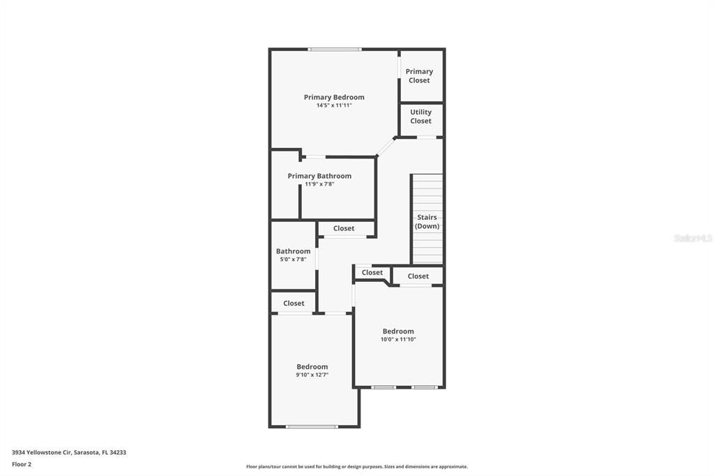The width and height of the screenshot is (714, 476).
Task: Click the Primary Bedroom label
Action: [334, 97]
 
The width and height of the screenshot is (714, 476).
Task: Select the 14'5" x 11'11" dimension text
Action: [334, 105]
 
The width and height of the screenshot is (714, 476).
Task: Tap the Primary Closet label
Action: [419, 75]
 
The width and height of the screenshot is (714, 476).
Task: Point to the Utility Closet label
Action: [420, 116]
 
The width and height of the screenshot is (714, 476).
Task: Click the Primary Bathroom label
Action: [319, 176]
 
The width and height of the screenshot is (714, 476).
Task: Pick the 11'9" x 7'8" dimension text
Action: [319, 184]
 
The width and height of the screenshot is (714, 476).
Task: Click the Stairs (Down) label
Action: [427, 221]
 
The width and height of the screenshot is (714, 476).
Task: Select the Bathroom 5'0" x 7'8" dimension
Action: [293, 260]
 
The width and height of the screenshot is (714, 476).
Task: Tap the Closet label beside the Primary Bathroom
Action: [344, 228]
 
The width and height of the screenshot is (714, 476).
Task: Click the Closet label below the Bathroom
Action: [294, 303]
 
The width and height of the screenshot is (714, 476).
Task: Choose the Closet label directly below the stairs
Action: [418, 276]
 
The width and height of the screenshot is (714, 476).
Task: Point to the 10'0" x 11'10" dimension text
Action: [398, 340]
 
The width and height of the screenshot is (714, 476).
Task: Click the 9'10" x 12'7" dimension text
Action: [312, 375]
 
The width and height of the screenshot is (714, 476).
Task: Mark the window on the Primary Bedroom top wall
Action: [335, 49]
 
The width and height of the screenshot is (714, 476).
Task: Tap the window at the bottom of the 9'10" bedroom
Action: [312, 426]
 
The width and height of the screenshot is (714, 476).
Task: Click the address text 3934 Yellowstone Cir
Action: [69, 452]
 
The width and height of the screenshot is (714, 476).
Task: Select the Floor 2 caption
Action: [22, 464]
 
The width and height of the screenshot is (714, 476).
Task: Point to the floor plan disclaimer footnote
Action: [356, 466]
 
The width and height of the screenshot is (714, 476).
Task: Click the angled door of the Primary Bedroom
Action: [386, 146]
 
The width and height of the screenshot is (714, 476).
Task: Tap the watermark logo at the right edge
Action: [692, 238]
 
